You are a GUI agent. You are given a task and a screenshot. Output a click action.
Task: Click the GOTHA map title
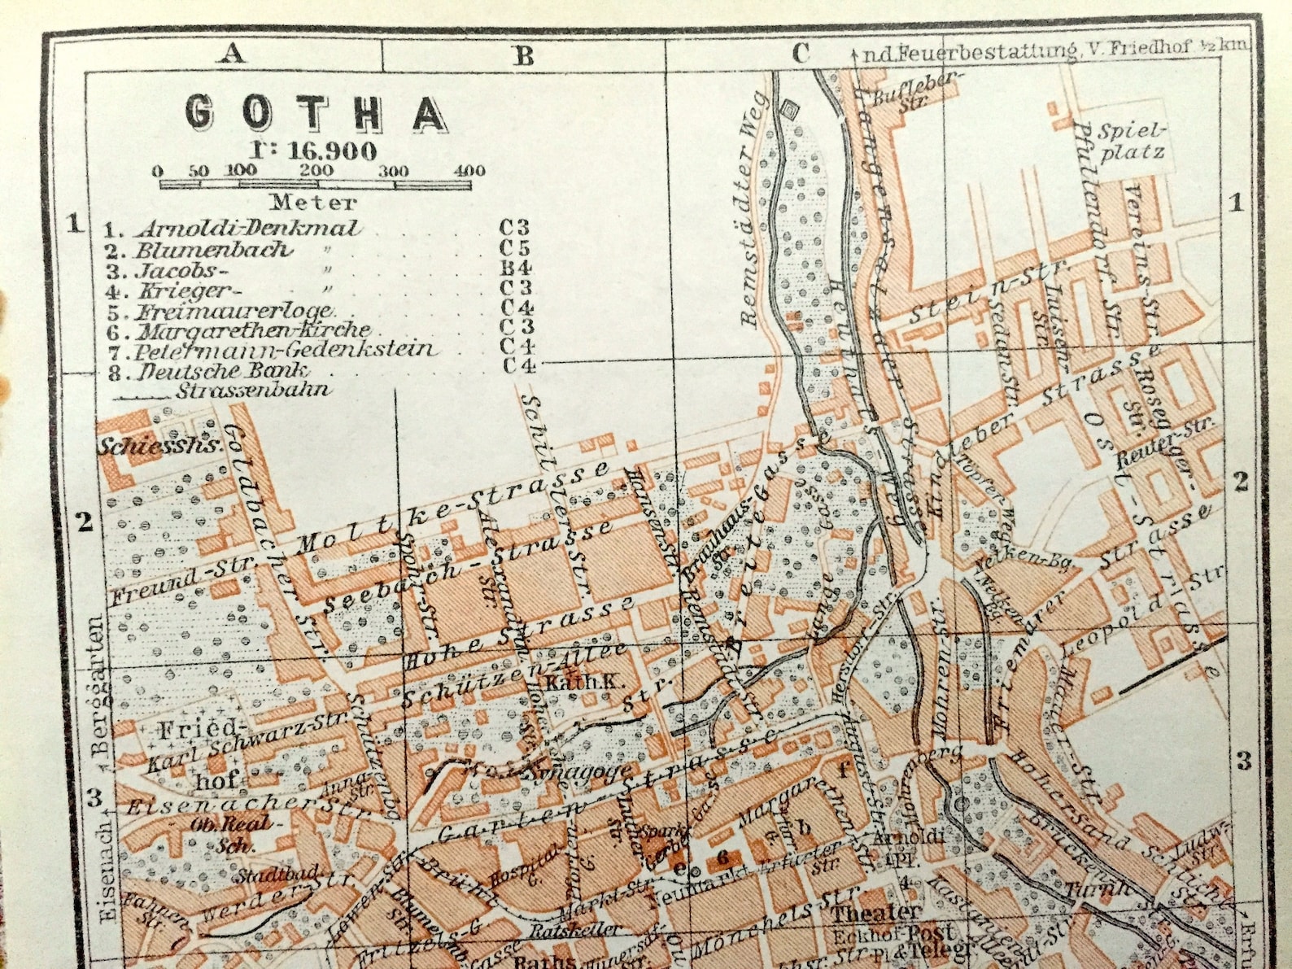316,112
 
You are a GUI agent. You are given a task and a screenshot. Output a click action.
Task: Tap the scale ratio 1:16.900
312,151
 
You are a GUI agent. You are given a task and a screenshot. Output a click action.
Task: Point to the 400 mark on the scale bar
469,171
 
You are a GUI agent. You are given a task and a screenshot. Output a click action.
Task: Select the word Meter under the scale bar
312,202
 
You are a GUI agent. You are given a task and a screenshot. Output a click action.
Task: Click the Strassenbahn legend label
252,390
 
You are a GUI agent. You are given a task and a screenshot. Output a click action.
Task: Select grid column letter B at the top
523,55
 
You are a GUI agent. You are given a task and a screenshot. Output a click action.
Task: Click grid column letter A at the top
232,54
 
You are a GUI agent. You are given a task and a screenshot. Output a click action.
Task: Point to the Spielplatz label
1132,141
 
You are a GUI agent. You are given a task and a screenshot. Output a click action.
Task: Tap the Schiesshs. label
159,445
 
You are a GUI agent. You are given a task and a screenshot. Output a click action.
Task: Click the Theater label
875,912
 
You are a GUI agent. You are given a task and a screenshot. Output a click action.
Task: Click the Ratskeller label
574,929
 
